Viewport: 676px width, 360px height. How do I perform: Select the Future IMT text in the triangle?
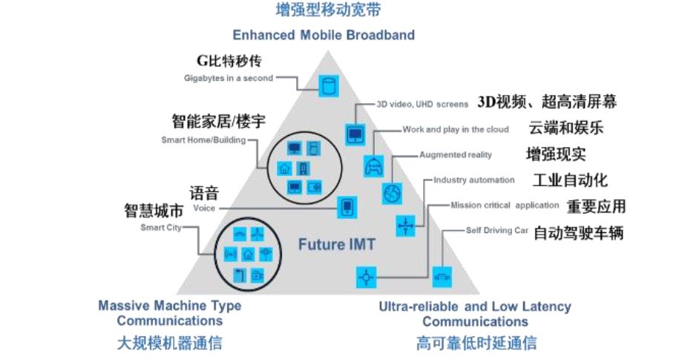(337, 243)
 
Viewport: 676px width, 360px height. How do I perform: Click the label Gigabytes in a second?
(229, 78)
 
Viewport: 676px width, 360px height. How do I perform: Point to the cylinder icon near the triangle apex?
(327, 85)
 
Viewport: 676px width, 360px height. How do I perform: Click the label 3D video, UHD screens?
(421, 104)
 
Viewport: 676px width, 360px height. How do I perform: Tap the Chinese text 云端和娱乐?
(565, 128)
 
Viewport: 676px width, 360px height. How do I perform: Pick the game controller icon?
(373, 165)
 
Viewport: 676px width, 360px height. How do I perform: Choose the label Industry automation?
(473, 180)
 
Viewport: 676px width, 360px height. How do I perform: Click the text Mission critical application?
(504, 205)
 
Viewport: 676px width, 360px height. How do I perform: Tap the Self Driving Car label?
(496, 230)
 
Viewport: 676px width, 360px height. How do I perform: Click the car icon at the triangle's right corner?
(442, 277)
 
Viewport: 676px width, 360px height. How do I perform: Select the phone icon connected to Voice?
(345, 208)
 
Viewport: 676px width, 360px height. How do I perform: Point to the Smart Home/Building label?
(203, 140)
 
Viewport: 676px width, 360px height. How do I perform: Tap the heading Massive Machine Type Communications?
(169, 313)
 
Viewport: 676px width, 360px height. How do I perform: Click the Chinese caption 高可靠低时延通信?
(476, 343)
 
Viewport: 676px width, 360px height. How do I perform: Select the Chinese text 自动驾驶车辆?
(578, 232)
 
